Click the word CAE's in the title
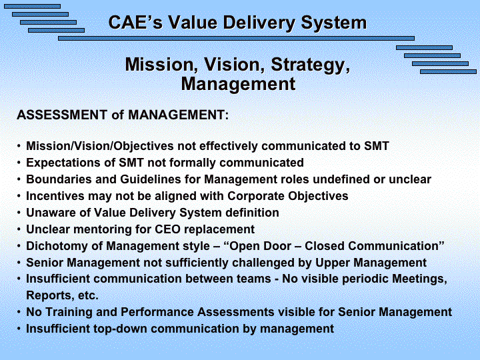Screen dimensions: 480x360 [135, 23]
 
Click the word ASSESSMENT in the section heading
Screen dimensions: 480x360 [62, 115]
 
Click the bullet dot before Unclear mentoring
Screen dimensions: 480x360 [19, 229]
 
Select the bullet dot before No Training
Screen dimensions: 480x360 [19, 312]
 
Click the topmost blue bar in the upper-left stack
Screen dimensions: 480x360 [32, 7]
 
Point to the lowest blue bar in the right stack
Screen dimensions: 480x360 [448, 71]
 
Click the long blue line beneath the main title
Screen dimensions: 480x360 [236, 38]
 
